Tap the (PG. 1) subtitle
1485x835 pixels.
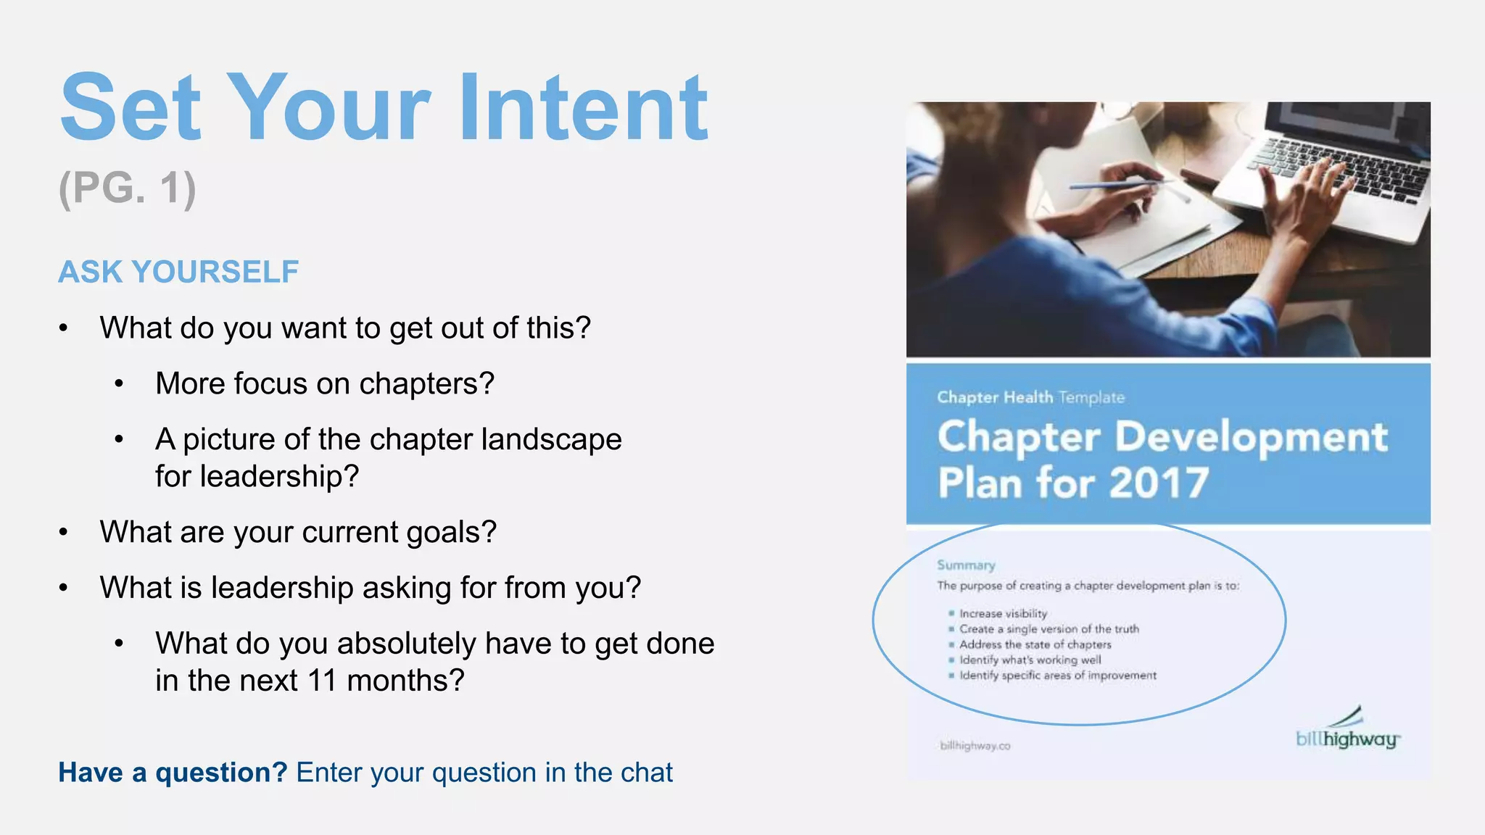pyautogui.click(x=127, y=188)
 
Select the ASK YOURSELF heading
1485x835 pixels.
pyautogui.click(x=178, y=272)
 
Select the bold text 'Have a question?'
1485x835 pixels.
pyautogui.click(x=173, y=773)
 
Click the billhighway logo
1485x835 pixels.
pyautogui.click(x=1347, y=732)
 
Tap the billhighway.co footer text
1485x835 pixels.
pyautogui.click(x=975, y=746)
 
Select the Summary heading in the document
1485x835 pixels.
pyautogui.click(x=966, y=565)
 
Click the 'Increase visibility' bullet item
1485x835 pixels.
pyautogui.click(x=1003, y=614)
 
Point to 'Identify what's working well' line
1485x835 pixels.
pyautogui.click(x=1030, y=660)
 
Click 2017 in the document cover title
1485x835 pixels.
pyautogui.click(x=1158, y=483)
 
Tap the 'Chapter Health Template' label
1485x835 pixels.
pyautogui.click(x=1030, y=397)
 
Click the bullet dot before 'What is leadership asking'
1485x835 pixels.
pyautogui.click(x=64, y=588)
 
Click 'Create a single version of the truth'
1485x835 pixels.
pyautogui.click(x=1048, y=629)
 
